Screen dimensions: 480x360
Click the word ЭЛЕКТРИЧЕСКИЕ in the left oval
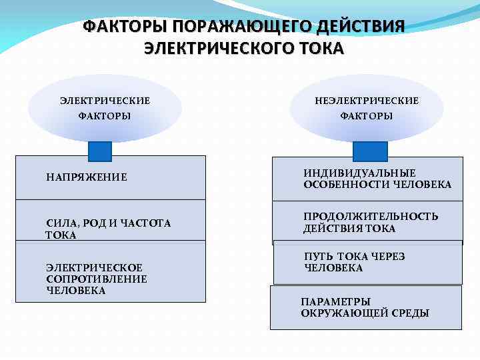point(105,101)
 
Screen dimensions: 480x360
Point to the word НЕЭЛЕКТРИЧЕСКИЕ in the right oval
point(367,101)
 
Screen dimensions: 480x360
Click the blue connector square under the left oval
point(100,151)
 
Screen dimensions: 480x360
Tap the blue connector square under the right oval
point(370,151)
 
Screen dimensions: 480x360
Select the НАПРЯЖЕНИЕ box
point(111,178)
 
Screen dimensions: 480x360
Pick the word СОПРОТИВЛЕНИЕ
point(97,279)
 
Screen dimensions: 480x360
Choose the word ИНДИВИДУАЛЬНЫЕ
point(360,173)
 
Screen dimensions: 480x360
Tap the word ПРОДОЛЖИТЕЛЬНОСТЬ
point(371,217)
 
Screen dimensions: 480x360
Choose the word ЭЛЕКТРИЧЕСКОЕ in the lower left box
point(90,267)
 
